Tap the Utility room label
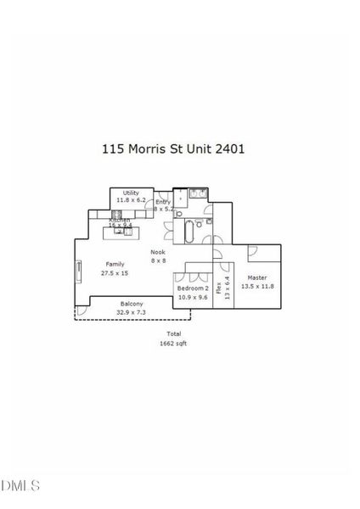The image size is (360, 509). point(131,193)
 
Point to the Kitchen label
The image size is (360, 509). point(119,220)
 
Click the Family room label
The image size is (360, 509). point(114,265)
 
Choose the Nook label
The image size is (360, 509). point(158,252)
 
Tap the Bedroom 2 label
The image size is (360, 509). point(193,289)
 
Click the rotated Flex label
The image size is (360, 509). point(217,288)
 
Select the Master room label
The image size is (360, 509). point(256,278)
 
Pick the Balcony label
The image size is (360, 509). point(131,304)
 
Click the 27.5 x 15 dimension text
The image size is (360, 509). point(114,274)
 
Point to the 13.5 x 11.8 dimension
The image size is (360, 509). point(256,287)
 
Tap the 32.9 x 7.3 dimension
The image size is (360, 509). point(131,312)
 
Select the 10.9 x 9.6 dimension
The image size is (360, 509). point(193,298)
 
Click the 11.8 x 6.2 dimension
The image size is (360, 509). point(131,200)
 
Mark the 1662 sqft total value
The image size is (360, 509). point(173,343)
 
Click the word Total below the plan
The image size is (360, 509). point(173,334)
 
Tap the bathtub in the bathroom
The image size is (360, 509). point(188,232)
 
